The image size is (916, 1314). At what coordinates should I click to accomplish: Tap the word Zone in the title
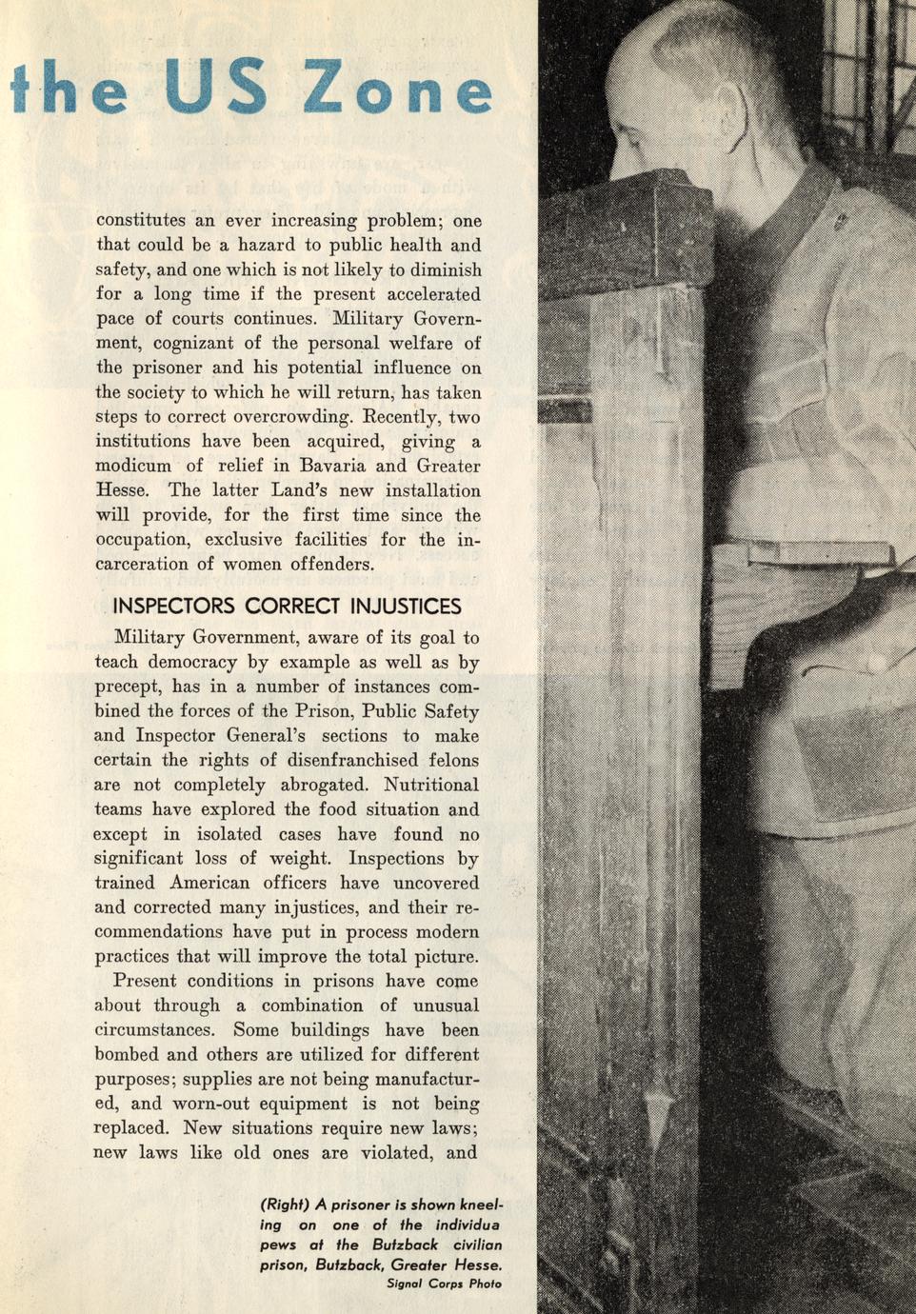pyautogui.click(x=399, y=90)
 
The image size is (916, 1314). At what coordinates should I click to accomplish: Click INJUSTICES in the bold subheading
pyautogui.click(x=406, y=607)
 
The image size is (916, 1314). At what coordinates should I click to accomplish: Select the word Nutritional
pyautogui.click(x=431, y=786)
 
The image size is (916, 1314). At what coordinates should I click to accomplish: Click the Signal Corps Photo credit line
pyautogui.click(x=444, y=1284)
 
